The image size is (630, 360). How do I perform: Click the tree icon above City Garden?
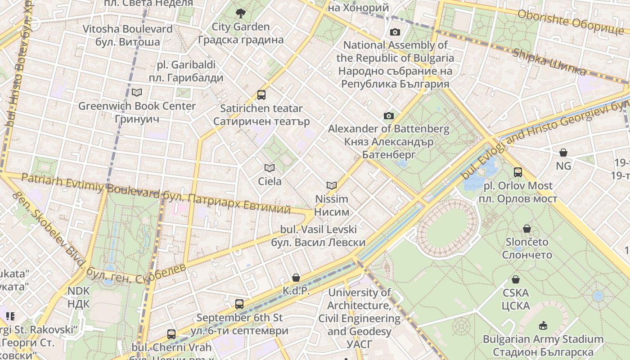coord(241,13)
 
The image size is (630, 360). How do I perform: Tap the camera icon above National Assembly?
coord(395,32)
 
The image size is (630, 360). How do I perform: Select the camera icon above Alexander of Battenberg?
coord(389,116)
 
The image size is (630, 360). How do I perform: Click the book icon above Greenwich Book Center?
coord(137,93)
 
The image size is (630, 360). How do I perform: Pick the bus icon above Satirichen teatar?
coord(261,95)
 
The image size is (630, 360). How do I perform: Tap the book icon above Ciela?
coord(270,168)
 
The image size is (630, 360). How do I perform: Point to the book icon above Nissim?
coord(332,185)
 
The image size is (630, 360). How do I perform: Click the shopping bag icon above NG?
coord(563,153)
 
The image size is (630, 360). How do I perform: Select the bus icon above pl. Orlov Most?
coord(517,172)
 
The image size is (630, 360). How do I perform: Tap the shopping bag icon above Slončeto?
coord(526,229)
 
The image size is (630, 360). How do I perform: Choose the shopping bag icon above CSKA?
coord(516,279)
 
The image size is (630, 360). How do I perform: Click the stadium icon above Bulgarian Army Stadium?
coord(543,325)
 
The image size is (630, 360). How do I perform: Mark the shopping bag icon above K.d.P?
coord(296,278)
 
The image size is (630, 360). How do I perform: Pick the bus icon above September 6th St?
coord(239,304)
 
